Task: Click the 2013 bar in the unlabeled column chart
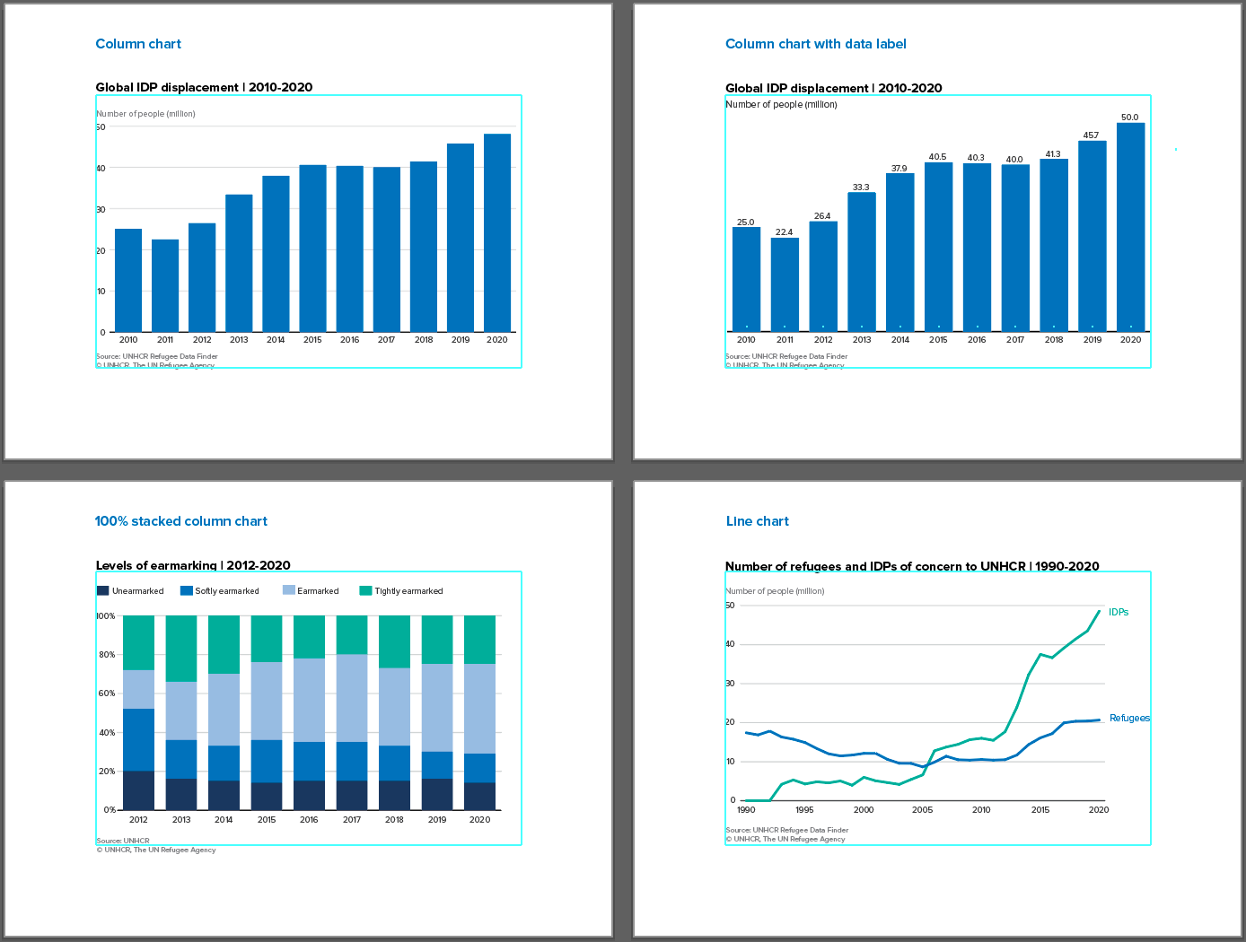239,263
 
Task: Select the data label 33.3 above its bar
861,188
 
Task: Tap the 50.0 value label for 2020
1130,118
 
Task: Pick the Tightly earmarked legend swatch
365,591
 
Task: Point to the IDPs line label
1119,612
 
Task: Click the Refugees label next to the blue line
1129,718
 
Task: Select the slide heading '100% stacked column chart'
181,521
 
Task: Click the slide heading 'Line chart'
758,521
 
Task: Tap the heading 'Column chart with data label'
816,44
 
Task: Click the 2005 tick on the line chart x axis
922,810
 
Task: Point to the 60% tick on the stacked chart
106,693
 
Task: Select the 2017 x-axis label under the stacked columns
352,820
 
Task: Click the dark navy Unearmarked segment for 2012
138,790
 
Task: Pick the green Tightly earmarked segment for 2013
181,649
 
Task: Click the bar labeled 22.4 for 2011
785,284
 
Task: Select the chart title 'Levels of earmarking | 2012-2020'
193,565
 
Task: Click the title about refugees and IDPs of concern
912,566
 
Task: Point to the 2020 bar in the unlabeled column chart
497,233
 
